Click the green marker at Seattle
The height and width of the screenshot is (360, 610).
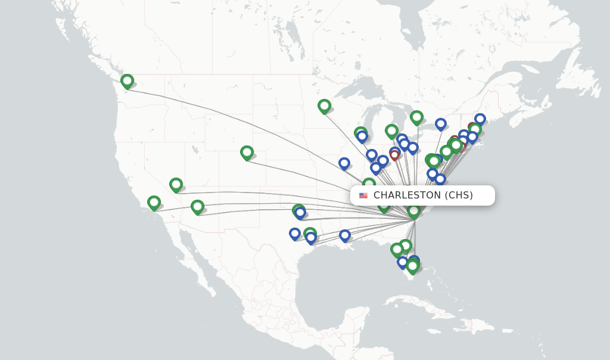tap(127, 81)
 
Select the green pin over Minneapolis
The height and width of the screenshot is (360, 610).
tap(324, 106)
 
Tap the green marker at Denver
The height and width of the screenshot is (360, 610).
tap(247, 153)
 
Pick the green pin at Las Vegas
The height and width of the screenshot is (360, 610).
tap(176, 185)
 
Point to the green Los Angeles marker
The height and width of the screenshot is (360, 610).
tap(154, 203)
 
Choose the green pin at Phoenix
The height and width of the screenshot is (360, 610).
tap(197, 207)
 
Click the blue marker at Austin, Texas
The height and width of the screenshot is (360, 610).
tap(295, 234)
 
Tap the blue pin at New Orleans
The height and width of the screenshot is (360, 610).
tap(344, 235)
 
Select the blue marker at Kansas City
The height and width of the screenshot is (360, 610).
tap(344, 163)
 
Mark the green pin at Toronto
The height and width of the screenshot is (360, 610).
tap(416, 117)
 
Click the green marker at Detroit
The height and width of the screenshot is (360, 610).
tap(391, 131)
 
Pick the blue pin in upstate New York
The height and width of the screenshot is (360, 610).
tap(441, 124)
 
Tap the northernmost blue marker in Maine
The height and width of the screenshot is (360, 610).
tap(480, 119)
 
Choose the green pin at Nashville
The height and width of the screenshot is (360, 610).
tap(369, 184)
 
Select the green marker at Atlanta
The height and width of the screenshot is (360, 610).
tap(384, 206)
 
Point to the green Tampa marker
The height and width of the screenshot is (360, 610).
tap(397, 249)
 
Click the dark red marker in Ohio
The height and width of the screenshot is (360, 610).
tap(394, 155)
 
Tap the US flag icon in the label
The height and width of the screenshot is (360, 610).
tap(363, 195)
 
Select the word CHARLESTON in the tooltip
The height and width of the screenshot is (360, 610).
tap(407, 195)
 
